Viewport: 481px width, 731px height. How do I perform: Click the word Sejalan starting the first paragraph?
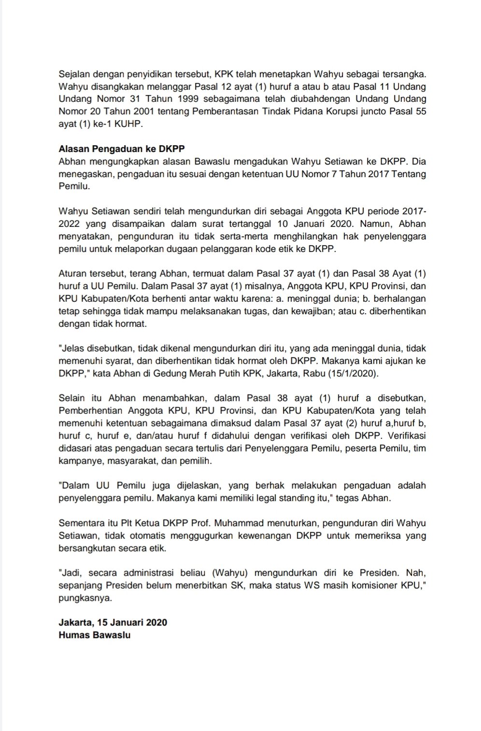point(73,74)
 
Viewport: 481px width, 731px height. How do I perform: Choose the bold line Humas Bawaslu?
point(95,635)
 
